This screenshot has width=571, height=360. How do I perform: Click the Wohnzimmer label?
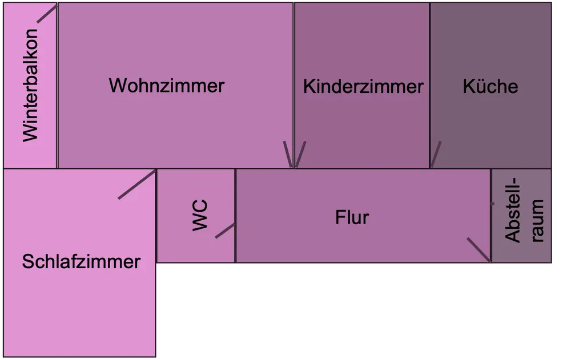coord(166,86)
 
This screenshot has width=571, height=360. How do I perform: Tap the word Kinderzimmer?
coord(363,87)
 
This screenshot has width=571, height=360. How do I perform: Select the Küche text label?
coord(490,86)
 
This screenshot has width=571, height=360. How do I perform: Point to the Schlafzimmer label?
coord(81,262)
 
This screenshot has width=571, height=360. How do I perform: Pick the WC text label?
coord(200,215)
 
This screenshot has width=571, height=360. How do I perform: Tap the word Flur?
coord(352,217)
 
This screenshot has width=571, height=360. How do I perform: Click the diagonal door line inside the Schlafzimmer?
coord(137,184)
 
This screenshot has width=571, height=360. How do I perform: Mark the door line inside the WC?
coord(225,230)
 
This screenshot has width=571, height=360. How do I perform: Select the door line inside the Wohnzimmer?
coord(288,154)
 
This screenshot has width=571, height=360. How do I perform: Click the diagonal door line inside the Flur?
coord(478,249)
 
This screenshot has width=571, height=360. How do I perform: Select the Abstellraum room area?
coord(521,251)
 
